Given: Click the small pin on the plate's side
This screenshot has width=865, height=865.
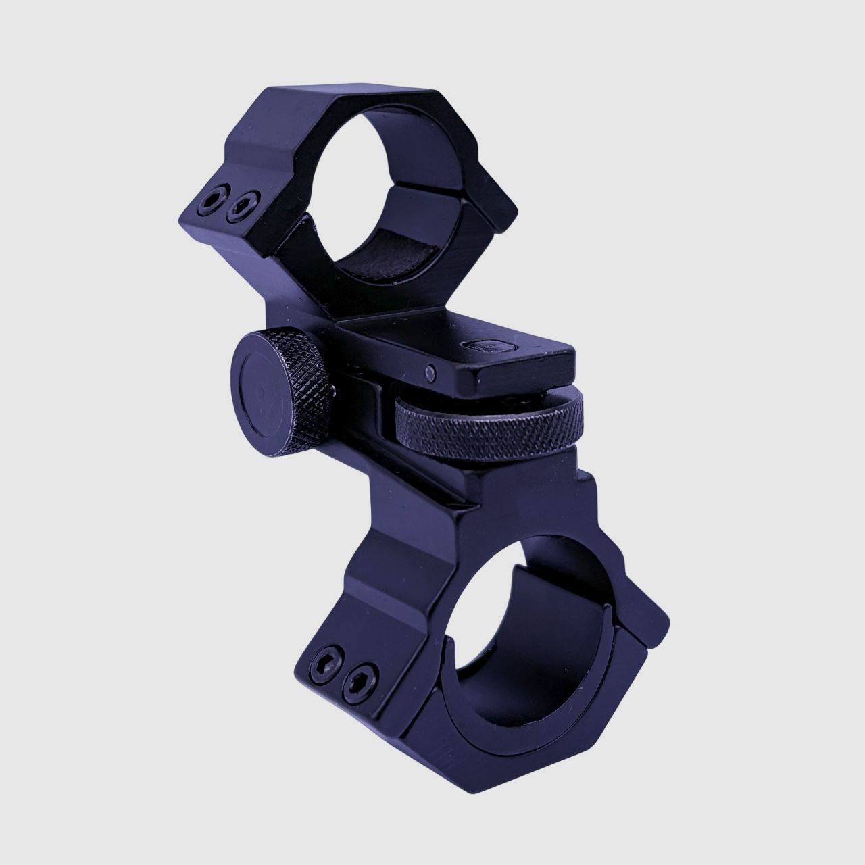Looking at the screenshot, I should point(430,370).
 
